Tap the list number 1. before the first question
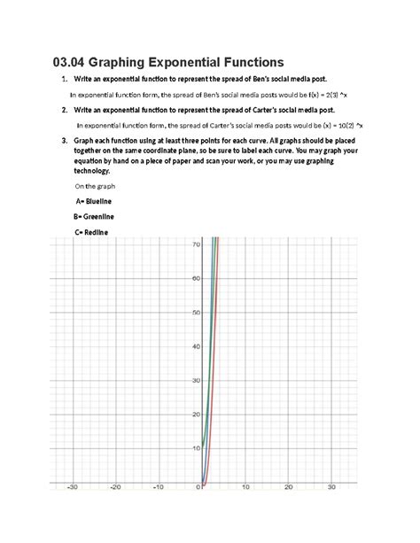click(66, 80)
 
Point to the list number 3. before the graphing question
click(66, 141)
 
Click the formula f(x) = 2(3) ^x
click(331, 95)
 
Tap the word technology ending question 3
click(103, 170)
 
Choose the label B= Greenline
click(97, 217)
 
